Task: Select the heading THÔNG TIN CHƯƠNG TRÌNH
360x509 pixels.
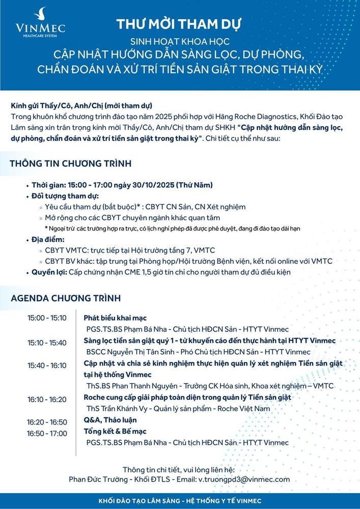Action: pyautogui.click(x=71, y=163)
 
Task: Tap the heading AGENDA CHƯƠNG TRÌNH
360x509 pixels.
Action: pyautogui.click(x=66, y=297)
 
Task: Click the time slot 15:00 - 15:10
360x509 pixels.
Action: pyautogui.click(x=47, y=318)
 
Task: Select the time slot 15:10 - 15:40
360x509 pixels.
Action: pyautogui.click(x=47, y=343)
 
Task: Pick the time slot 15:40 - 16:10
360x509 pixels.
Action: pyautogui.click(x=47, y=365)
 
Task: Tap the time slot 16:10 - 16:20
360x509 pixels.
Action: pyautogui.click(x=47, y=399)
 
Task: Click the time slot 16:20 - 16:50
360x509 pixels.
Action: pyautogui.click(x=47, y=422)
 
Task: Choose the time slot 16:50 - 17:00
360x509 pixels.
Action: pyautogui.click(x=47, y=433)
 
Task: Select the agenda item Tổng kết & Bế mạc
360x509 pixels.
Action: pyautogui.click(x=115, y=432)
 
